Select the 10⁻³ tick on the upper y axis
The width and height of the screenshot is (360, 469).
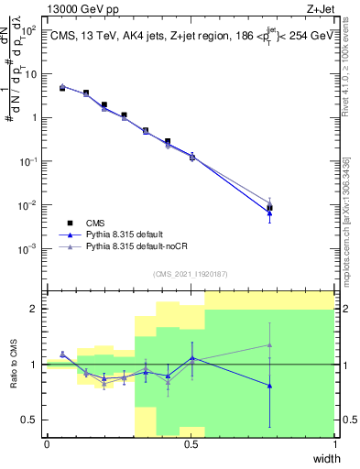point(31,248)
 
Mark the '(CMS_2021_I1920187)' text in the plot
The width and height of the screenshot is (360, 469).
point(191,273)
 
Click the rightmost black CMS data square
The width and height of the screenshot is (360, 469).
point(269,208)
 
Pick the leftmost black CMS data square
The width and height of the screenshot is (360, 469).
point(62,88)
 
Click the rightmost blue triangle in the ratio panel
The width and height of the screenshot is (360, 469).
point(269,386)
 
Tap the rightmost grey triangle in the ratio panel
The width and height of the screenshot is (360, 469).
point(269,344)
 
